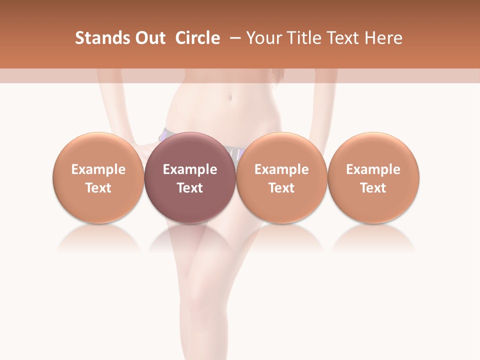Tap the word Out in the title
click(149, 38)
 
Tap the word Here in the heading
click(384, 38)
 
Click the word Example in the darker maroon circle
click(190, 169)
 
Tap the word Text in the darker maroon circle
click(190, 188)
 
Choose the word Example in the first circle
click(98, 169)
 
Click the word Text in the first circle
click(98, 188)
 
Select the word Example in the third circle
click(281, 169)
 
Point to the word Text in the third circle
click(281, 188)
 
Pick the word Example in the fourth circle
click(373, 169)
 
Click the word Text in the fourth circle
click(373, 188)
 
